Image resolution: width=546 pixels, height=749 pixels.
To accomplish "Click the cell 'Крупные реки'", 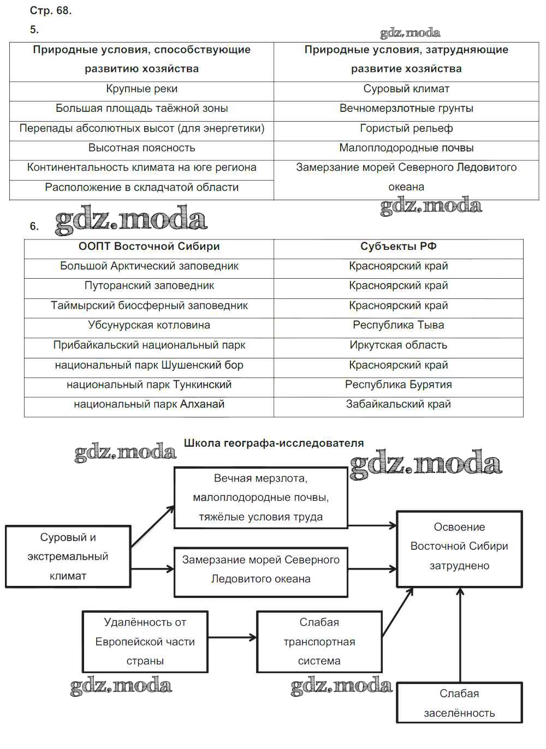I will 141,89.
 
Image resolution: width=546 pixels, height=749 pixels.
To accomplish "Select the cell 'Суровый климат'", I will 406,89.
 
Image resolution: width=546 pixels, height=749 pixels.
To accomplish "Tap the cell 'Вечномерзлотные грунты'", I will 406,109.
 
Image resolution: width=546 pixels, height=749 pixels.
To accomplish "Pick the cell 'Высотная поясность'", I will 141,148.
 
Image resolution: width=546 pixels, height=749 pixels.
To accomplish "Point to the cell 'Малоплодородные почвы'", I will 406,148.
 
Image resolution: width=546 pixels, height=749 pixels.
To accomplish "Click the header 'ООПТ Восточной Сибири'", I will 149,247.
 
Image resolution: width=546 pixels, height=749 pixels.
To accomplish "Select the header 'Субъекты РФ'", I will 398,247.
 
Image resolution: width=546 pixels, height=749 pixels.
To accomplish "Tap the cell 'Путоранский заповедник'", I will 149,286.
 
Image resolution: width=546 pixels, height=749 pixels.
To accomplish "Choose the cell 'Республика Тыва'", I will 398,325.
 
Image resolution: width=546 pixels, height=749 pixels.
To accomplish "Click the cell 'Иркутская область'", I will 398,345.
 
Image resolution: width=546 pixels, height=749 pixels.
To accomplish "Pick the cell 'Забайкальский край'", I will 398,404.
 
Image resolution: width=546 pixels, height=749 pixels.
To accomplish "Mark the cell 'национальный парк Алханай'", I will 149,404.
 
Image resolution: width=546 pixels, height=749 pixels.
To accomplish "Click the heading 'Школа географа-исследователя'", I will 274,444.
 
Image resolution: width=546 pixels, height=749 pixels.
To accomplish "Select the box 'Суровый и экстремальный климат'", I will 68,556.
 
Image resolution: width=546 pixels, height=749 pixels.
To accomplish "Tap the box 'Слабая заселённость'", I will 459,703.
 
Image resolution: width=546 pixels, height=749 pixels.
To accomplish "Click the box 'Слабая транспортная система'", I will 319,642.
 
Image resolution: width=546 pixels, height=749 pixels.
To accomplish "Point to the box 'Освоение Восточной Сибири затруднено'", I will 459,547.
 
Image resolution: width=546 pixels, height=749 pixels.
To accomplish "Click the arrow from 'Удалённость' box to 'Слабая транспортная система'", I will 232,637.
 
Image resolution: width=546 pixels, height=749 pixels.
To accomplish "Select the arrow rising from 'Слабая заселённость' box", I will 461,636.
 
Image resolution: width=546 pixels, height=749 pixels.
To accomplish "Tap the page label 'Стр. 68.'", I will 51,10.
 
